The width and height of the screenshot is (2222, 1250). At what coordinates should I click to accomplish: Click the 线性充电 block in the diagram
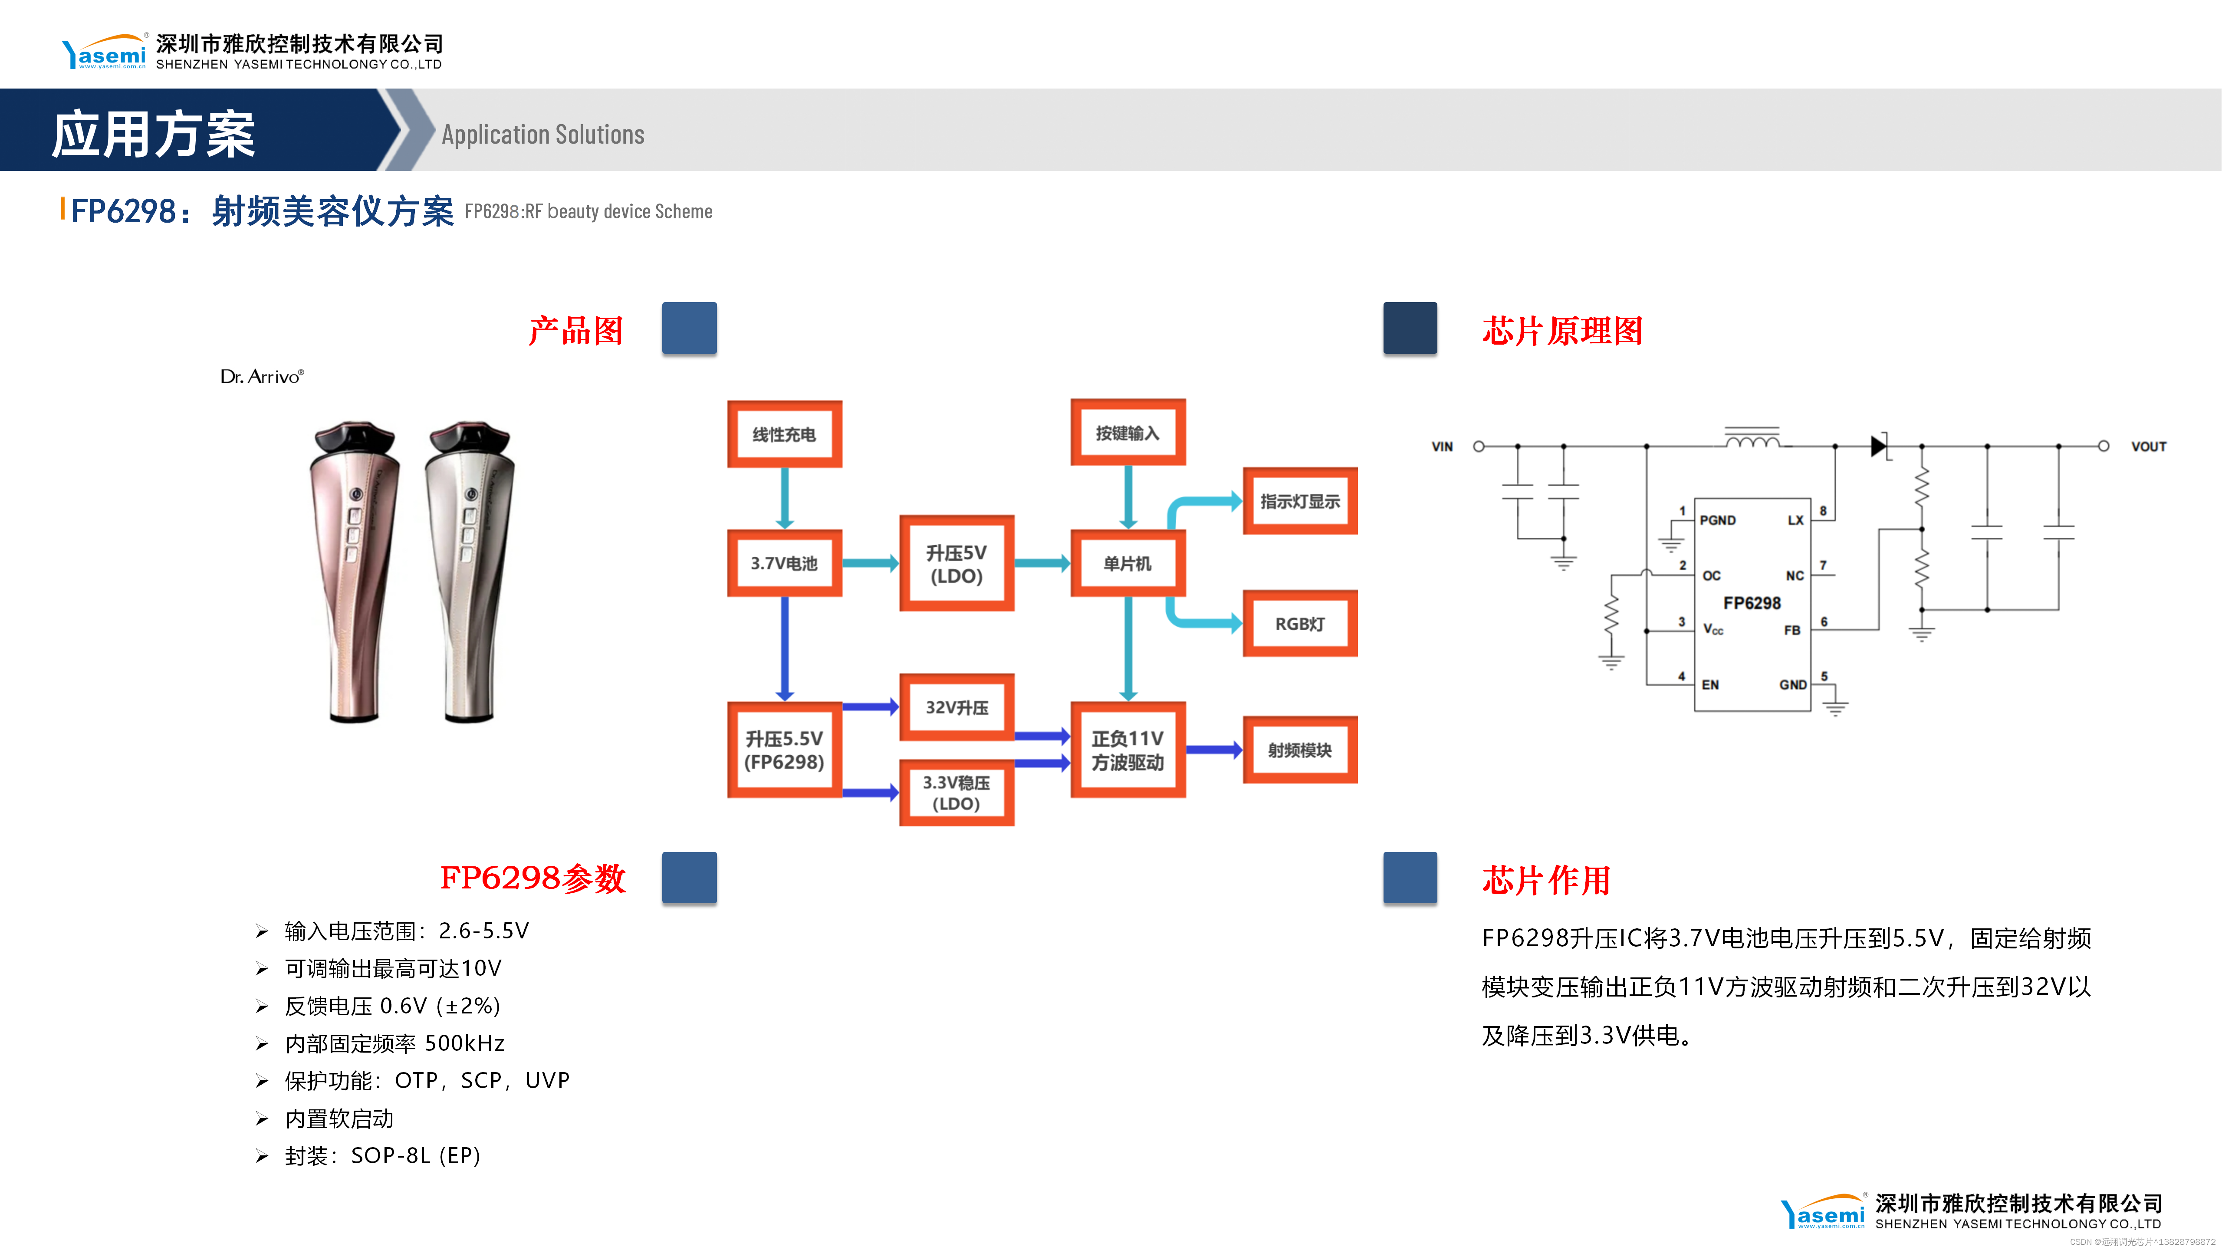pyautogui.click(x=784, y=434)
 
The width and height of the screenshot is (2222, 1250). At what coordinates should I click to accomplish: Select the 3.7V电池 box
pyautogui.click(x=784, y=563)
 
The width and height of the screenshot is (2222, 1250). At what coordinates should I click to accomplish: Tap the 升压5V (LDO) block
pyautogui.click(x=957, y=564)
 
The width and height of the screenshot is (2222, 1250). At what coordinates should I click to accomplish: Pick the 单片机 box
pyautogui.click(x=1127, y=563)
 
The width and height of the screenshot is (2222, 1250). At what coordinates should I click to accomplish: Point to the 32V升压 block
pyautogui.click(x=957, y=707)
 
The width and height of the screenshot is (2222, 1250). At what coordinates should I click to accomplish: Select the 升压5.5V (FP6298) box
pyautogui.click(x=784, y=750)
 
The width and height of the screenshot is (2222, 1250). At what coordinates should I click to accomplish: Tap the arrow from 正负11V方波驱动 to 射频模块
pyautogui.click(x=1214, y=750)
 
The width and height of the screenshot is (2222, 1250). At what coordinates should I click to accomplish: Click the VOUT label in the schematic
pyautogui.click(x=2148, y=447)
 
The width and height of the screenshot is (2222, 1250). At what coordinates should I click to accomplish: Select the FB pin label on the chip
pyautogui.click(x=1791, y=631)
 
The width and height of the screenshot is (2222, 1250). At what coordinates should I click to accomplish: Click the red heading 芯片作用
pyautogui.click(x=1546, y=880)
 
